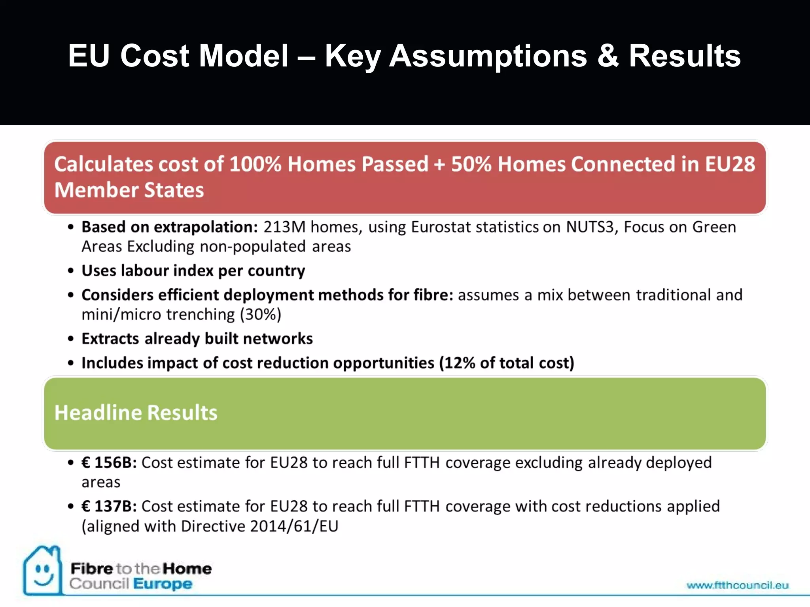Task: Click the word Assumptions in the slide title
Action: (488, 56)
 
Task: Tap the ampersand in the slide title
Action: (608, 56)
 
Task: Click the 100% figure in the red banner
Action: (255, 164)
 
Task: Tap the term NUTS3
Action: (590, 227)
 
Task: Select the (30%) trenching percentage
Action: (261, 315)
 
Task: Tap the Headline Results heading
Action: (136, 413)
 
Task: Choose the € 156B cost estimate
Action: (109, 463)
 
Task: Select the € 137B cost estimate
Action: (109, 507)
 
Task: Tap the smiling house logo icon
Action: (42, 571)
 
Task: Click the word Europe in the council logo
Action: (163, 584)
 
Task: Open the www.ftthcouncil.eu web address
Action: (737, 585)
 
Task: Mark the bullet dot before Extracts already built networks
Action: (71, 339)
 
